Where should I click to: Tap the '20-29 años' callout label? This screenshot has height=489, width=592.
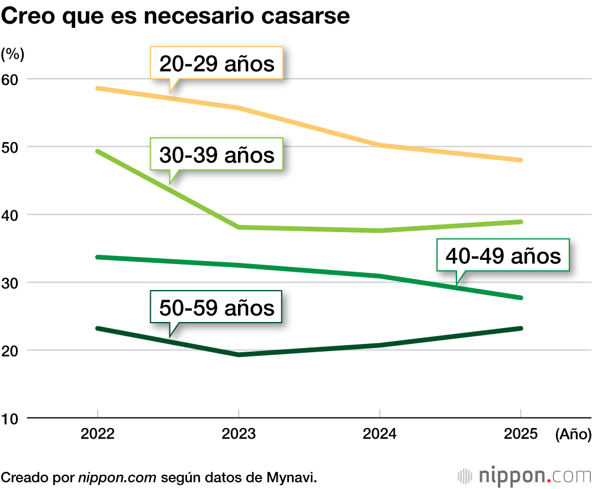[217, 63]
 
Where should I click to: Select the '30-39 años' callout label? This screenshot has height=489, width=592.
[217, 155]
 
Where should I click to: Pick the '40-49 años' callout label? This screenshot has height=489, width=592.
[503, 256]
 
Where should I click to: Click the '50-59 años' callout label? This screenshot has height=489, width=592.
[217, 307]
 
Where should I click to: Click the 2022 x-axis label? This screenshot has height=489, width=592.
[98, 435]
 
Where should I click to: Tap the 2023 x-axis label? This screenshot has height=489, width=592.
[238, 435]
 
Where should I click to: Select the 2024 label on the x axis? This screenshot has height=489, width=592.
[379, 435]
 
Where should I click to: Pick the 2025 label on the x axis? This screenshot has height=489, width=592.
[520, 435]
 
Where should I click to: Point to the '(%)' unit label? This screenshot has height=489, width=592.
[12, 54]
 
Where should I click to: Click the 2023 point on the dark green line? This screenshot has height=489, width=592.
[238, 355]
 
